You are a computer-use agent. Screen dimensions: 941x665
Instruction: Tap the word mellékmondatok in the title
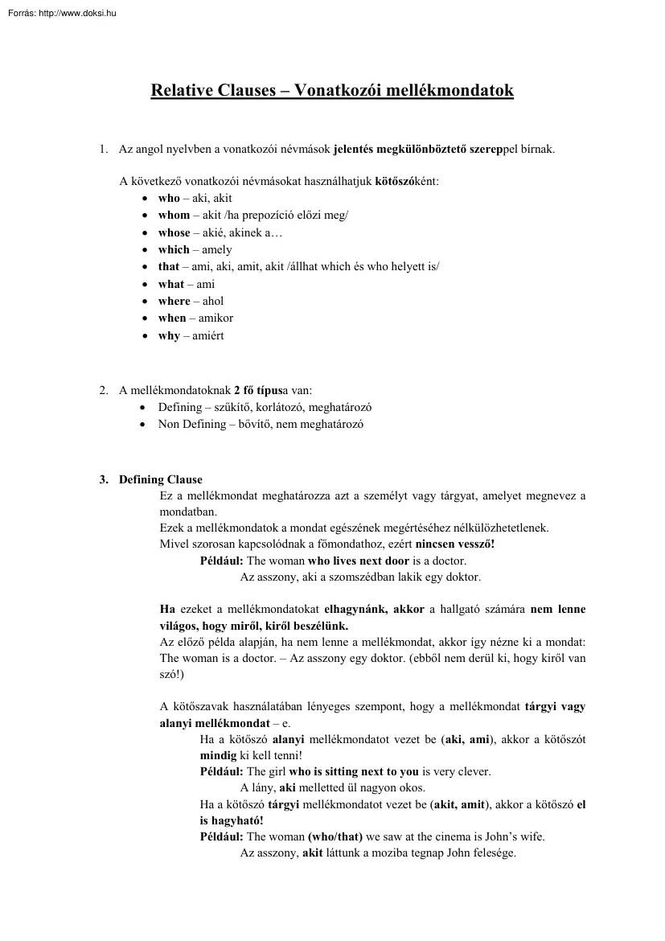[444, 91]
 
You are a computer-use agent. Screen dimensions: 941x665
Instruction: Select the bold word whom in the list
[174, 215]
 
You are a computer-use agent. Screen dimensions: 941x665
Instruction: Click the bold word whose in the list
[174, 232]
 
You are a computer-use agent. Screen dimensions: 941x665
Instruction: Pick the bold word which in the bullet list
[174, 249]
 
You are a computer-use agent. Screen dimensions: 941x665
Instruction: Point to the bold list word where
[174, 301]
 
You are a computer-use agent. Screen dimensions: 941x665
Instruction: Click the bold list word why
[169, 335]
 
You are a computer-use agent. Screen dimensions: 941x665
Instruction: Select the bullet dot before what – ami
[144, 285]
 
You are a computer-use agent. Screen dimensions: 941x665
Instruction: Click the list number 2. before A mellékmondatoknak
[104, 390]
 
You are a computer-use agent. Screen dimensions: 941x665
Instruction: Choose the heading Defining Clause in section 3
[161, 480]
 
